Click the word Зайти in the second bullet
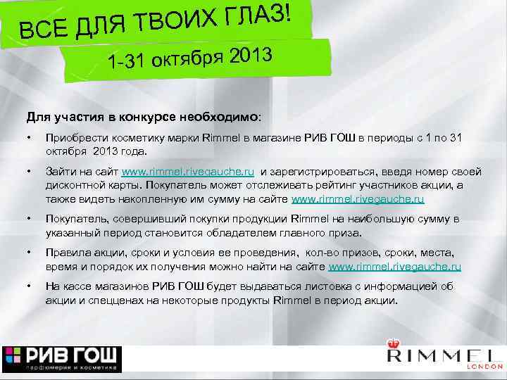coord(59,172)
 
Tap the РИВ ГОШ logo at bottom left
coord(63,358)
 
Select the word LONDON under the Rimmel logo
coord(487,367)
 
